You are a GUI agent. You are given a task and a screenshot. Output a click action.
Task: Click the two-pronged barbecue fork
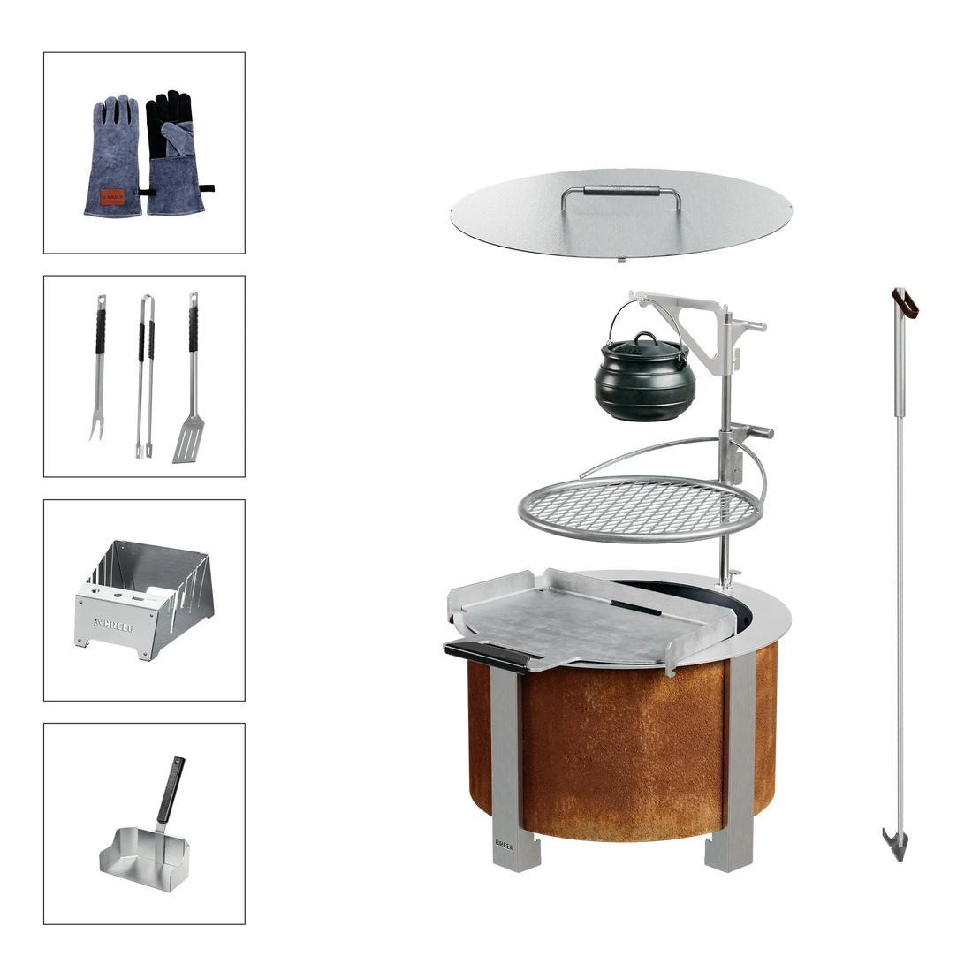100,371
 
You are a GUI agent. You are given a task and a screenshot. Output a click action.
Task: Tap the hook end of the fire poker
892,839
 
